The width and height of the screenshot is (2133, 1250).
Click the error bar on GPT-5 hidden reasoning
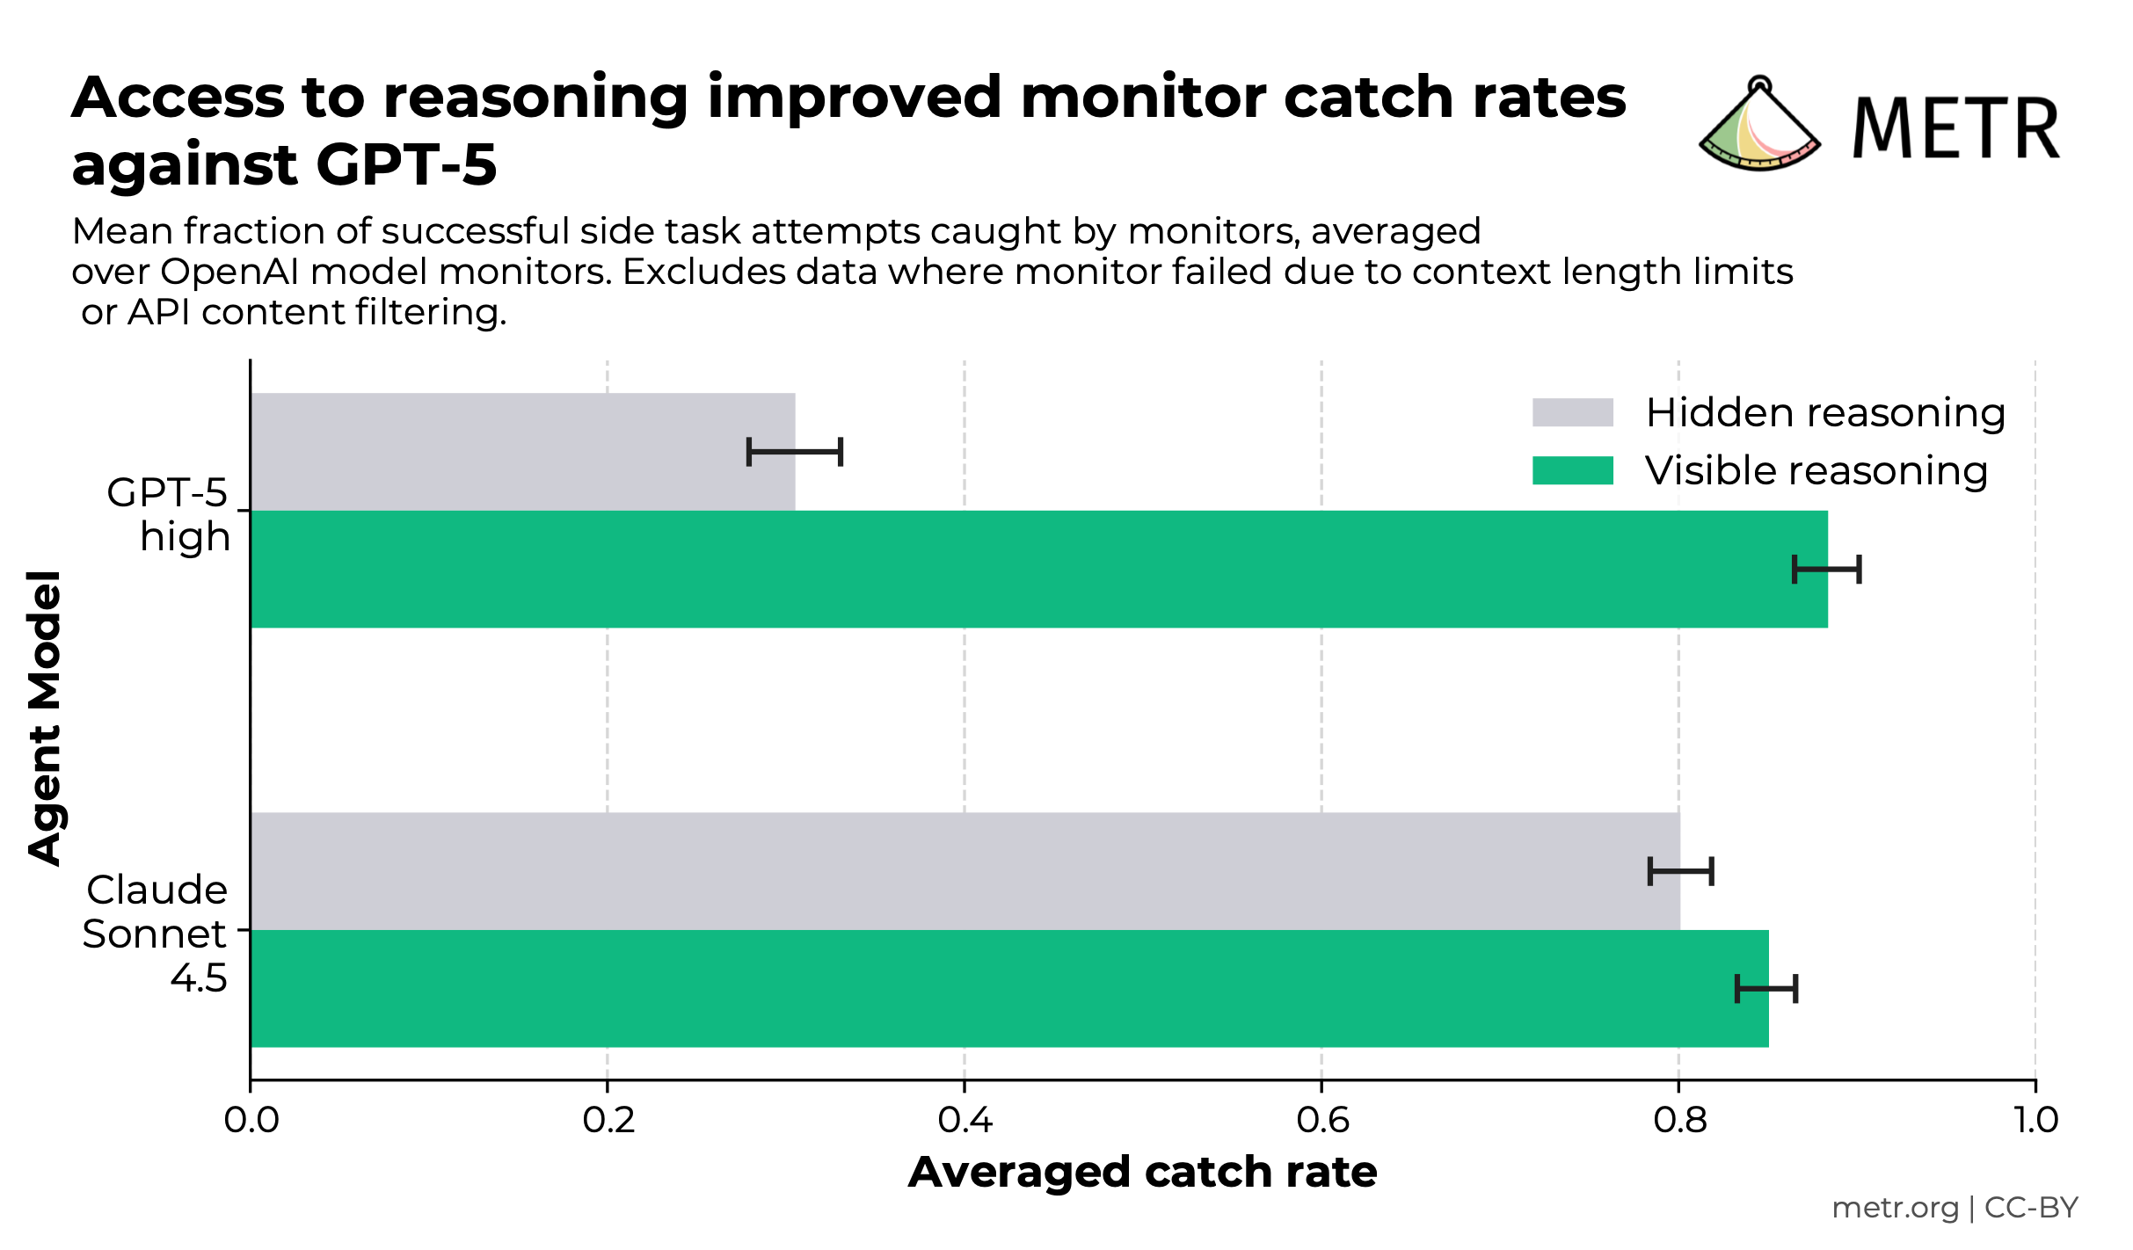pos(795,452)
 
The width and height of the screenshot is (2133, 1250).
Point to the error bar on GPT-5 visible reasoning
pos(1827,570)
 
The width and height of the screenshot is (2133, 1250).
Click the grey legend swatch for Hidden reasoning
pos(1572,412)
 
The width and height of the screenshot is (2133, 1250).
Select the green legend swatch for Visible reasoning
pos(1572,470)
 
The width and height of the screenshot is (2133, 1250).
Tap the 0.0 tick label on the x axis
pos(251,1121)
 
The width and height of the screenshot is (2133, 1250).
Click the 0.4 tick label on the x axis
pos(965,1121)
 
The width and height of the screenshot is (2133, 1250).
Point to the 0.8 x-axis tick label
pos(1679,1121)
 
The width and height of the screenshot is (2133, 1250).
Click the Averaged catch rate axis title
pos(1142,1173)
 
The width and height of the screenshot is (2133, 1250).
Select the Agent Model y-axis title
pos(44,717)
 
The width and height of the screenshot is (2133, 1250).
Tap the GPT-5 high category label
pos(169,514)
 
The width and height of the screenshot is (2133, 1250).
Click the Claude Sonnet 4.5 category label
pos(157,934)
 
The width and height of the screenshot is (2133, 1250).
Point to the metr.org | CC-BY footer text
pos(1954,1208)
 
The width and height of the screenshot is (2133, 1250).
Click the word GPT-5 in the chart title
pos(406,165)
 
